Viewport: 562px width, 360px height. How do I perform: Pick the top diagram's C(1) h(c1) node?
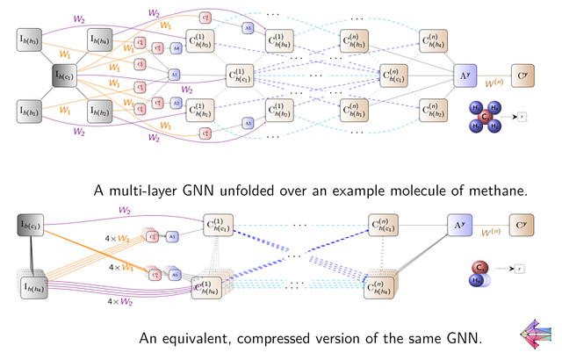(x=241, y=76)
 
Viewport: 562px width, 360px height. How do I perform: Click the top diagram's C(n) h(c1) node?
(x=395, y=76)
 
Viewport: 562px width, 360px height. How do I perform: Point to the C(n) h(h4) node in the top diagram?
(x=436, y=40)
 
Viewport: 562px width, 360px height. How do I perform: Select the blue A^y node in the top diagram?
(x=466, y=76)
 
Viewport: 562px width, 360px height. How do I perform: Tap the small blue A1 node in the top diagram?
(x=174, y=76)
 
